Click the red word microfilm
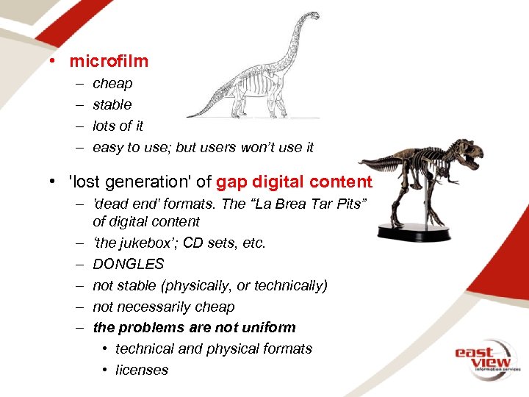point(109,61)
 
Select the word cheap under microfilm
point(112,84)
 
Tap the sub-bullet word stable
point(112,105)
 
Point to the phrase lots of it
point(118,126)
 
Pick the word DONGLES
point(128,264)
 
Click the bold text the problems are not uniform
point(194,328)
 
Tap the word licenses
point(142,371)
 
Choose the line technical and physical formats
point(214,349)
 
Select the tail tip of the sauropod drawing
point(190,115)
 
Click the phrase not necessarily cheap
point(164,307)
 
